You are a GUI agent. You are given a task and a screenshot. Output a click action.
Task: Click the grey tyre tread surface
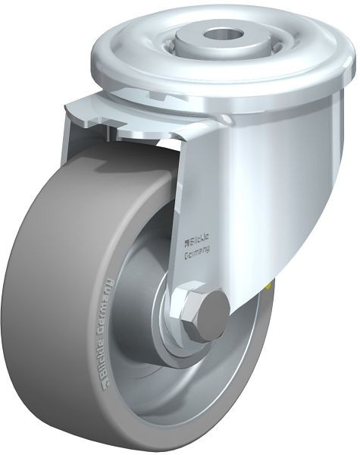(x=45, y=303)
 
